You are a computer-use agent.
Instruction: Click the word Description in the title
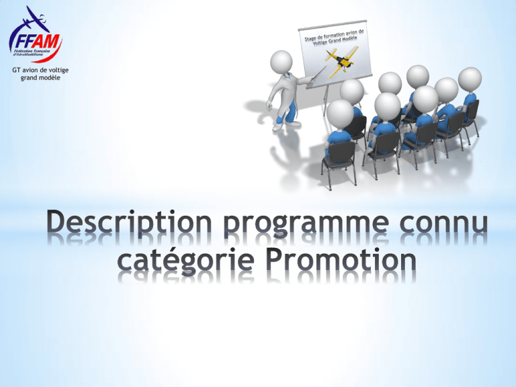129,222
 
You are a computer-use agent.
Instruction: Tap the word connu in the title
443,223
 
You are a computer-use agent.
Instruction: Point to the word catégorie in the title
186,261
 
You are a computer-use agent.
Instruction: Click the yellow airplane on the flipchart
341,61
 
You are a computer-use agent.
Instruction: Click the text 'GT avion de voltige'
40,70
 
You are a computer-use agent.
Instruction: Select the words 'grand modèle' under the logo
40,78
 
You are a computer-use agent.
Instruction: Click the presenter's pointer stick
316,74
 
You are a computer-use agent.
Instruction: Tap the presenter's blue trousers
288,112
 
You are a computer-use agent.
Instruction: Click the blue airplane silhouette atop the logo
33,19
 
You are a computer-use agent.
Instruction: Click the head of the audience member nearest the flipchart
352,91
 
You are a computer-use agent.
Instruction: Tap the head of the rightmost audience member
470,79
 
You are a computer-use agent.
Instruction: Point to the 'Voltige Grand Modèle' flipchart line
335,40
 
